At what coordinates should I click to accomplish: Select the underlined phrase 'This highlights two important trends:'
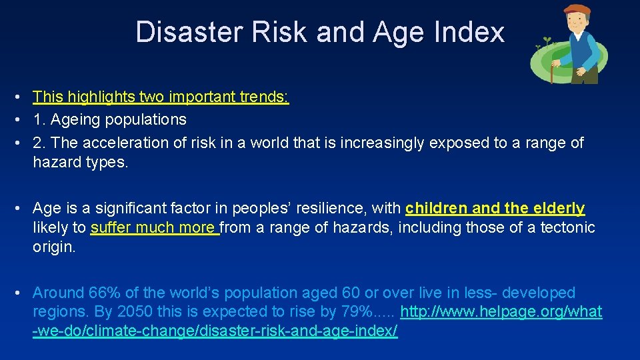(161, 97)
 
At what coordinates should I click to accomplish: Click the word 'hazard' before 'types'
(57, 163)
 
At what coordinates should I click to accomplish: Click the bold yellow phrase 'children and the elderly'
(495, 208)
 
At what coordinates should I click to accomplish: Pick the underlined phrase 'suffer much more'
(154, 228)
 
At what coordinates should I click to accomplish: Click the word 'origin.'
(55, 247)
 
